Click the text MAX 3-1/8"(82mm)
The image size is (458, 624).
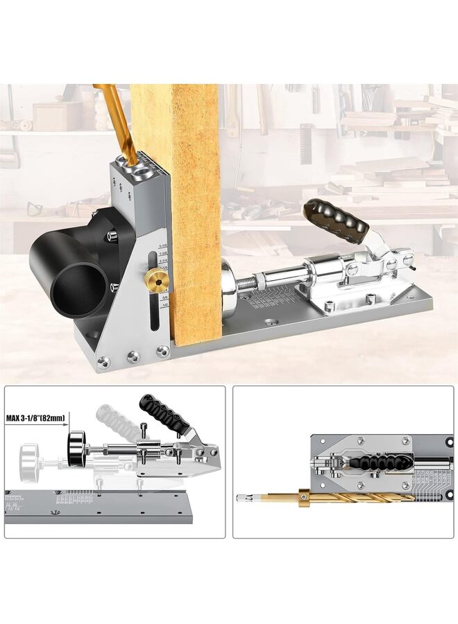[x=35, y=418]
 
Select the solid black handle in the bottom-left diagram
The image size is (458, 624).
[x=164, y=413]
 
